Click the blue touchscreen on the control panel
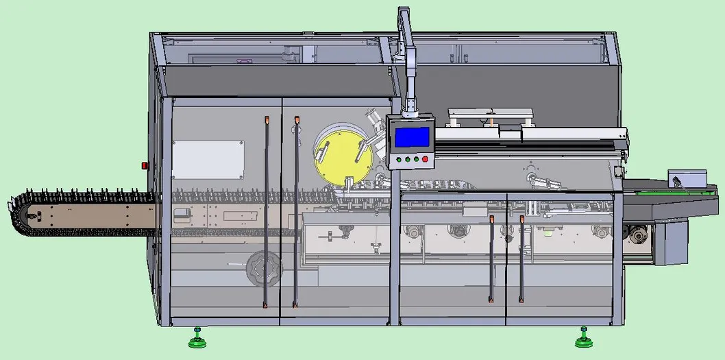(x=411, y=137)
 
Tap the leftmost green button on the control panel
(x=397, y=159)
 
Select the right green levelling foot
(x=583, y=338)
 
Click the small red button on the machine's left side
(x=145, y=165)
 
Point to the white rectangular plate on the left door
(x=208, y=160)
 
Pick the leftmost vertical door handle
(x=266, y=213)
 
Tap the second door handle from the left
(x=296, y=213)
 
